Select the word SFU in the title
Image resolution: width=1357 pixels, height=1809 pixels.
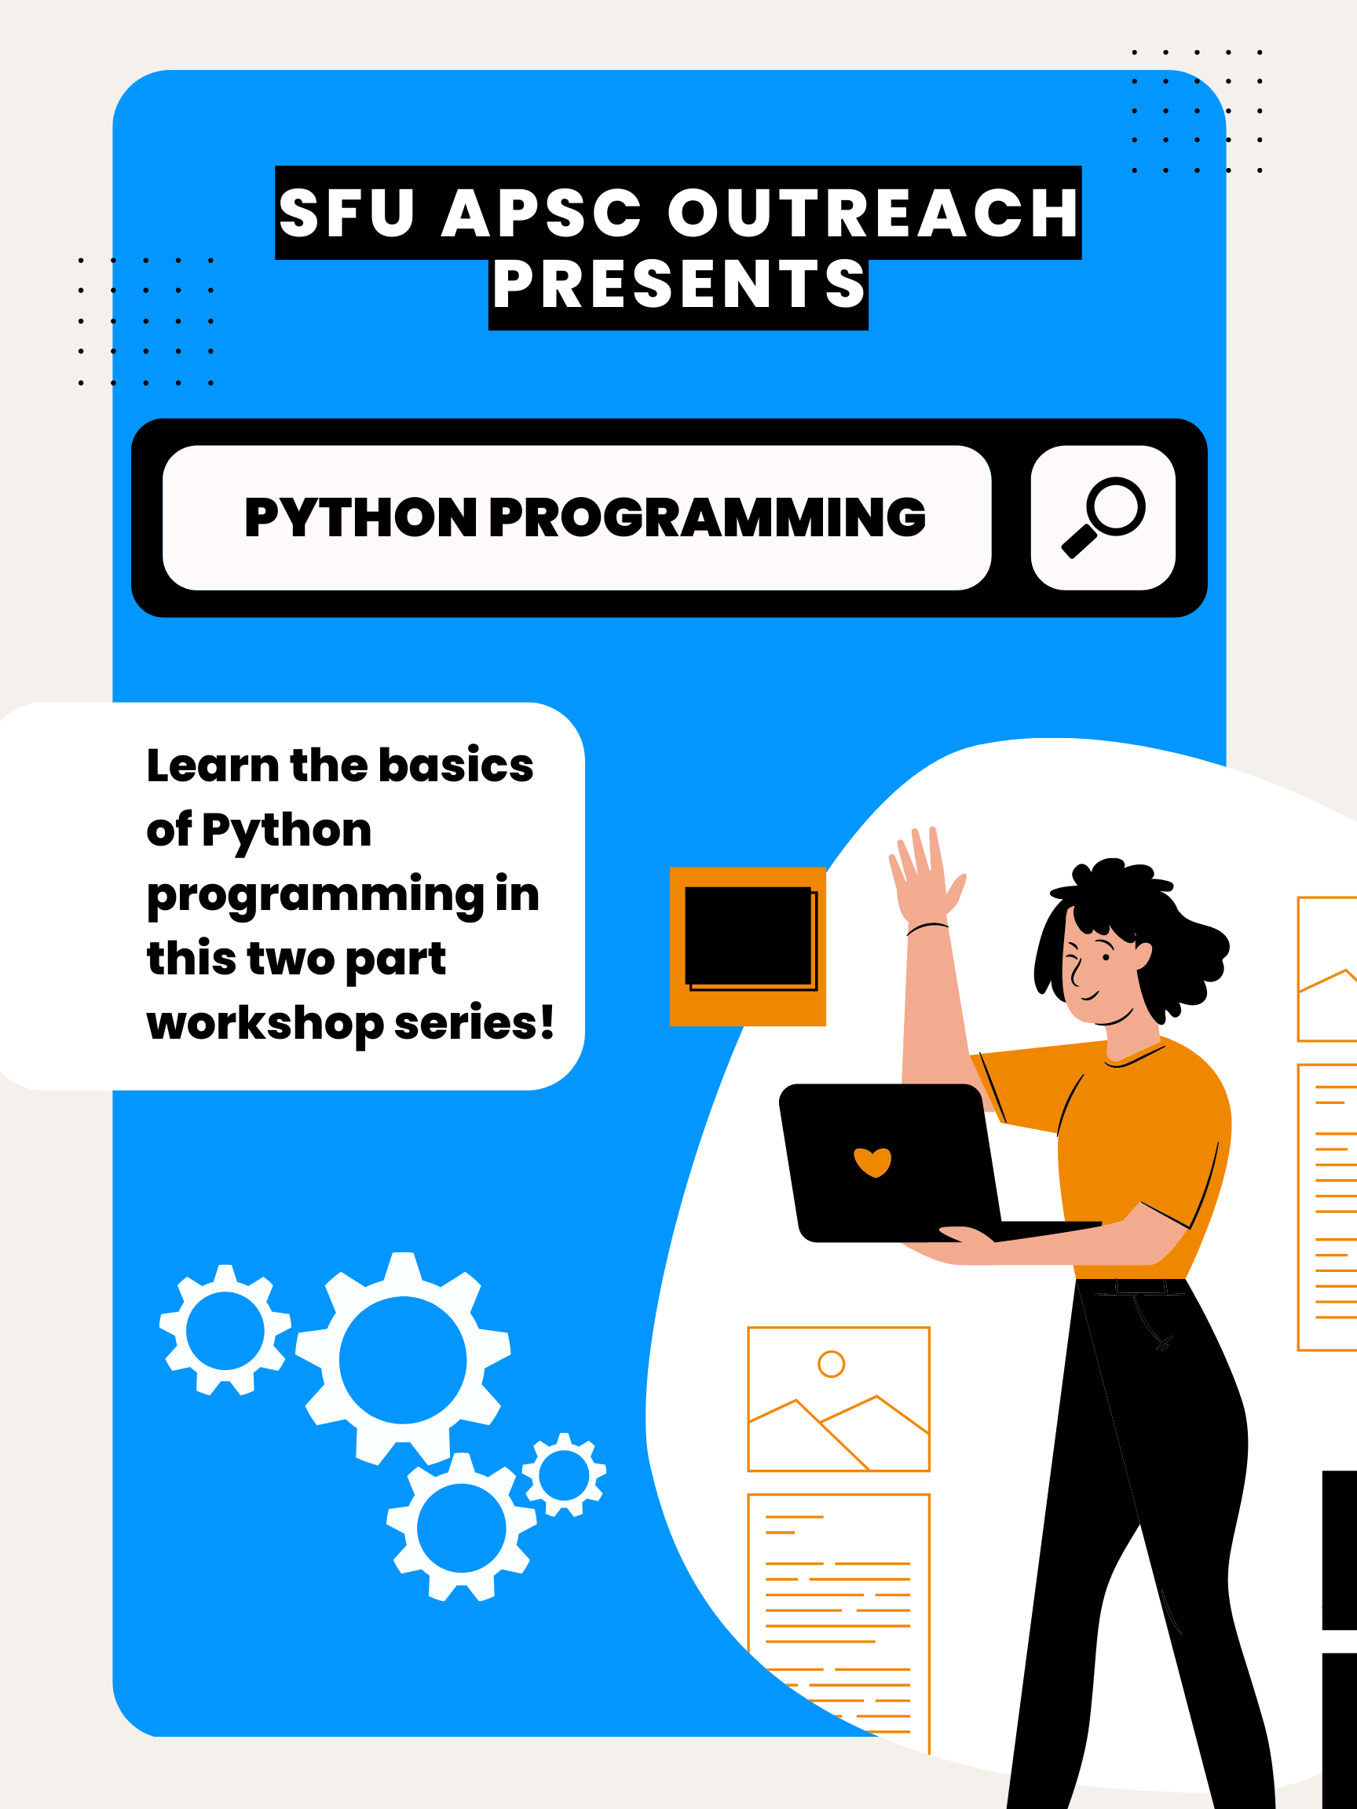pyautogui.click(x=347, y=214)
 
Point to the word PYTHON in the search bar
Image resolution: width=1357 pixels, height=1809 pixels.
pyautogui.click(x=360, y=517)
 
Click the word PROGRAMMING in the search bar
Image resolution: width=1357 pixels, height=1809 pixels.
pyautogui.click(x=707, y=517)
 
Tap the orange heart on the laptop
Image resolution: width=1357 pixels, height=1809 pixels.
pyautogui.click(x=872, y=1161)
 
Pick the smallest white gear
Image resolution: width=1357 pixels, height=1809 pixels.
pyautogui.click(x=564, y=1475)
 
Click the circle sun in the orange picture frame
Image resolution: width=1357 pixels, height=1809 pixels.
pyautogui.click(x=831, y=1363)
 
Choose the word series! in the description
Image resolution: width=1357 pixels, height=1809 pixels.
pyautogui.click(x=474, y=1024)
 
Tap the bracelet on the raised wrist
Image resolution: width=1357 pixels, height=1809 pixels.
pyautogui.click(x=927, y=927)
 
